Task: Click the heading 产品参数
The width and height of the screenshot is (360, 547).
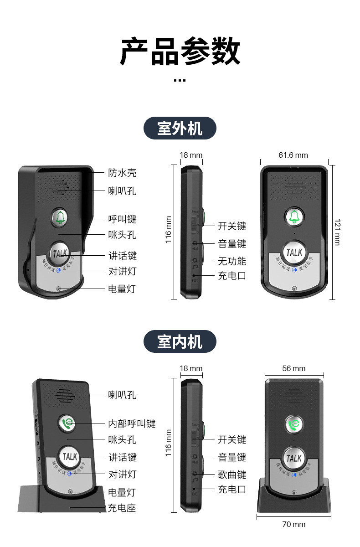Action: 180,52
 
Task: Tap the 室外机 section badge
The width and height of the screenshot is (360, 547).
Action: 180,128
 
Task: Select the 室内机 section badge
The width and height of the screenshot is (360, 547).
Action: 180,341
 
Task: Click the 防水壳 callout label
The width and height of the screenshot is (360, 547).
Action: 122,173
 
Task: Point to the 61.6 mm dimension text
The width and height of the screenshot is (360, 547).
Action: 293,155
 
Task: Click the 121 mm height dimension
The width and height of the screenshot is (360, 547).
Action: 337,232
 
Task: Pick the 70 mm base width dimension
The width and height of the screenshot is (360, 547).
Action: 293,524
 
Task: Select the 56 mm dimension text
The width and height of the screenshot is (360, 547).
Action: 293,368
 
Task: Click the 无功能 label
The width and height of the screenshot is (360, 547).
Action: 232,261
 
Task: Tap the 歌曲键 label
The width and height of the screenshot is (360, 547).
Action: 232,475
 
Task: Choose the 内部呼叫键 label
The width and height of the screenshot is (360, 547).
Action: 132,423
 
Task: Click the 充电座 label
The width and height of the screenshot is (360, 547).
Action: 122,508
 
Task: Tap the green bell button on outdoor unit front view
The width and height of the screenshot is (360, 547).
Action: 294,217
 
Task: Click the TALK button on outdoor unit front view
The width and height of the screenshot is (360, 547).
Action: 294,252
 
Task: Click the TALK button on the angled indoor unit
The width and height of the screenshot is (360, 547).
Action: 70,456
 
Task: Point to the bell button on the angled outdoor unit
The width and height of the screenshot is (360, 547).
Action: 60,217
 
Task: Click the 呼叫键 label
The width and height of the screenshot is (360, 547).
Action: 122,219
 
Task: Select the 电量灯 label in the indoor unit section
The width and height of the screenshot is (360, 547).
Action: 122,492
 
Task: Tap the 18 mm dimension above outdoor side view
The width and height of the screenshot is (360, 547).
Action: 191,155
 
